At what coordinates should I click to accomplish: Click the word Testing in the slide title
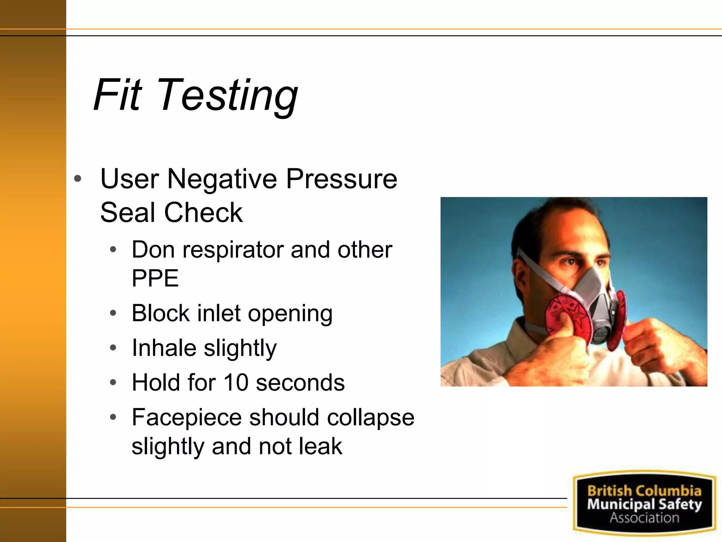228,96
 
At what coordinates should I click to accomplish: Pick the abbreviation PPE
155,278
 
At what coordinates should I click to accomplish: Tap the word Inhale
164,348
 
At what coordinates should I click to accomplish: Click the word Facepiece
186,417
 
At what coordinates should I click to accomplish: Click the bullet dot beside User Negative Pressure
78,179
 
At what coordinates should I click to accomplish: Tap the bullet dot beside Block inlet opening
113,313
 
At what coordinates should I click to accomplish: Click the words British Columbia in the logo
644,491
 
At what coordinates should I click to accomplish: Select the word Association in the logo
644,518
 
